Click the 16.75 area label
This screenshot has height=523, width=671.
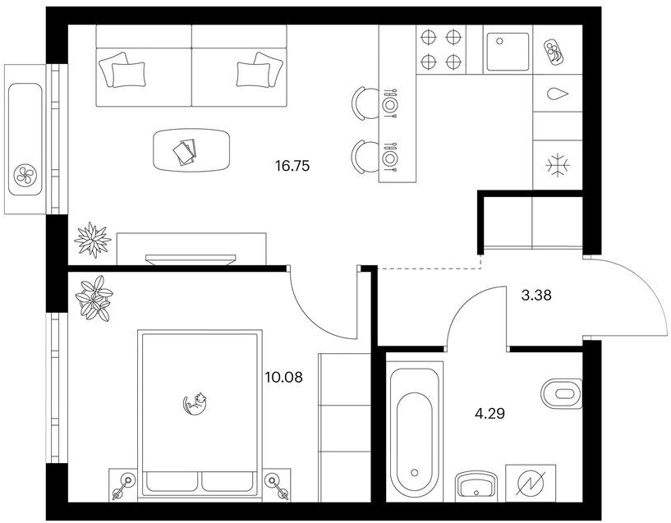tap(292, 166)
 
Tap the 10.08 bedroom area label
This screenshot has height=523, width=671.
tap(283, 377)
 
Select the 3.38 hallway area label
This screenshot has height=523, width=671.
tap(536, 295)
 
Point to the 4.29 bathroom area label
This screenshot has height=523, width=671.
tap(490, 414)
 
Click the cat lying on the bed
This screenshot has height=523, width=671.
tap(195, 404)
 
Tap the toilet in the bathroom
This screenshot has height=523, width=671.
tap(562, 393)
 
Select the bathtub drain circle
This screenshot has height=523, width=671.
tap(414, 473)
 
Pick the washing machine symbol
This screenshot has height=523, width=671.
tap(531, 484)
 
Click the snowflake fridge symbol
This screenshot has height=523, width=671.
tap(558, 165)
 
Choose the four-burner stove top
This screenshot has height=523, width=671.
tap(440, 49)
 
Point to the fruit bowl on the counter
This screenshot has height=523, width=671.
tap(554, 53)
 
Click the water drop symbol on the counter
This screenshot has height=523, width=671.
tap(558, 94)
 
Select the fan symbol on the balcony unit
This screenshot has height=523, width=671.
tap(25, 175)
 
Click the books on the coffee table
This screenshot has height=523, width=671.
tap(185, 151)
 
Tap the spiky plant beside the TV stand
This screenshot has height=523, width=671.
tap(93, 240)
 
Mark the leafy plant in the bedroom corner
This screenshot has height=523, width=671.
tap(94, 298)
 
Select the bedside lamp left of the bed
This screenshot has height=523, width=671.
tap(123, 485)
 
